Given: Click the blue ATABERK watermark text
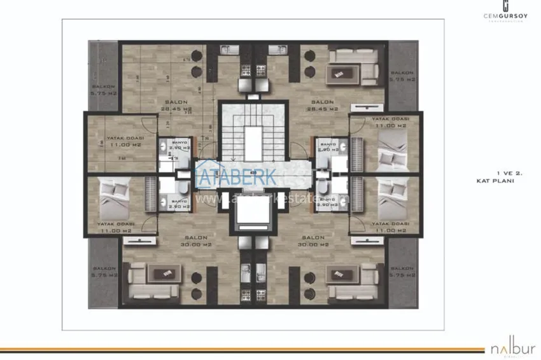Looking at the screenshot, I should click(235, 176).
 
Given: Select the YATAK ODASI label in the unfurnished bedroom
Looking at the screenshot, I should click(125, 141).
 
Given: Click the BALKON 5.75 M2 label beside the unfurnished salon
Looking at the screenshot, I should click(103, 89).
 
